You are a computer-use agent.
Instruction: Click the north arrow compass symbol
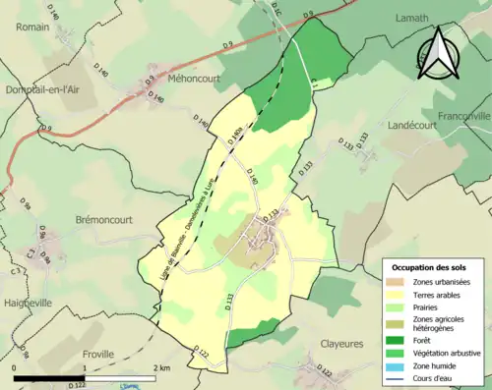(439, 55)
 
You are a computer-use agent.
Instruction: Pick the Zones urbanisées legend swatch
(396, 282)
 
